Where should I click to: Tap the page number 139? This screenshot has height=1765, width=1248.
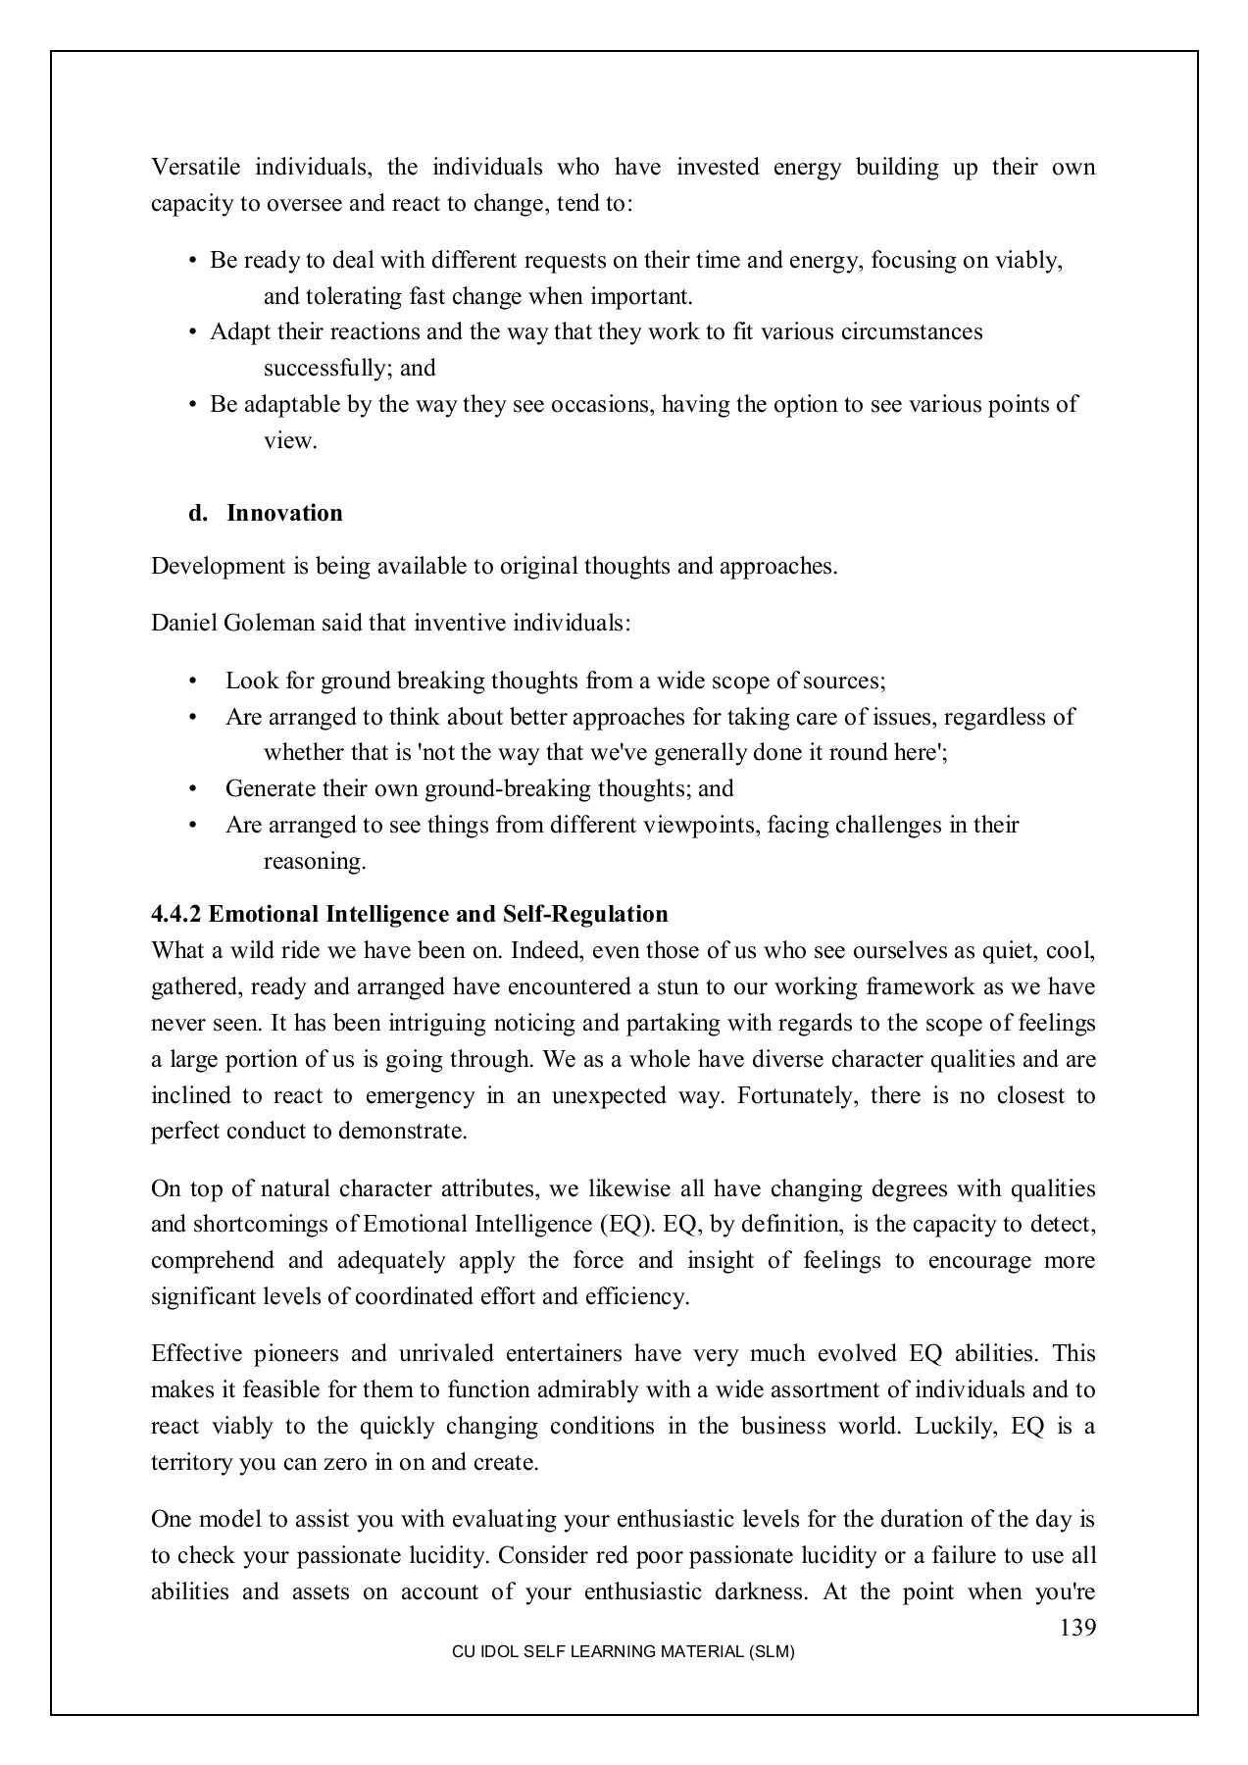[x=1077, y=1629]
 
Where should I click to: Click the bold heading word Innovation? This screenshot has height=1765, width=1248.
[x=284, y=514]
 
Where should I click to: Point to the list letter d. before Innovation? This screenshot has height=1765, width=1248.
[x=198, y=514]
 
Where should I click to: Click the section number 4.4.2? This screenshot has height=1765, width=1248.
[x=176, y=915]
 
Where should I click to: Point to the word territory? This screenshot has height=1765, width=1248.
[x=193, y=1463]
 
